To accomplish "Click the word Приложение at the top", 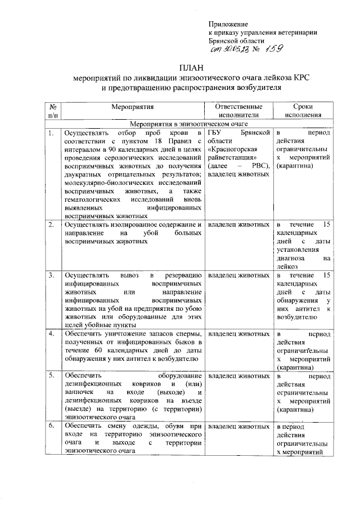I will [x=228, y=25].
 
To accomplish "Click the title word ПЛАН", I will [x=190, y=68].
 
